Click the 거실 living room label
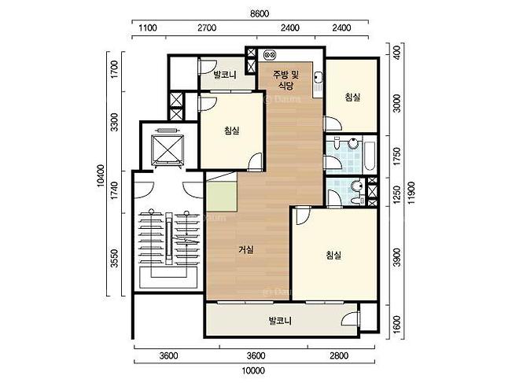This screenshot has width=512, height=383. pyautogui.click(x=246, y=250)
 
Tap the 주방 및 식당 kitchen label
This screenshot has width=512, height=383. pyautogui.click(x=285, y=80)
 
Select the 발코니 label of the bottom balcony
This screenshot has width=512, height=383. pyautogui.click(x=280, y=321)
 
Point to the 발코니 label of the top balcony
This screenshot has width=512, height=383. pyautogui.click(x=225, y=75)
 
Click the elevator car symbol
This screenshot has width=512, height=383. pyautogui.click(x=168, y=149)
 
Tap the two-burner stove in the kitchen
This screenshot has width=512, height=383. pyautogui.click(x=271, y=55)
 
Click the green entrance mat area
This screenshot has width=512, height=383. pyautogui.click(x=221, y=197)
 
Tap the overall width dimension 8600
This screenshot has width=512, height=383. pyautogui.click(x=260, y=13)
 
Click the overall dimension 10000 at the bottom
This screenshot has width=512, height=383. pyautogui.click(x=253, y=371)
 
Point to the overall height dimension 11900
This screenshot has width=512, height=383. pyautogui.click(x=411, y=193)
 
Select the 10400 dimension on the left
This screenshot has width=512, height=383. pyautogui.click(x=101, y=175)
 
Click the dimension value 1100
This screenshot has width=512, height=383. pyautogui.click(x=148, y=28)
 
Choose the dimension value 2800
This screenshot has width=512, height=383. pyautogui.click(x=339, y=355)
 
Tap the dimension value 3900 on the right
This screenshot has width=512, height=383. pyautogui.click(x=396, y=257)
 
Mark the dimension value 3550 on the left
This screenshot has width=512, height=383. pyautogui.click(x=114, y=258)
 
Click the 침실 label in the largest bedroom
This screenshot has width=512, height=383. pyautogui.click(x=333, y=255)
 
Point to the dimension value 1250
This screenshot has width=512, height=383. pyautogui.click(x=396, y=194)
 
